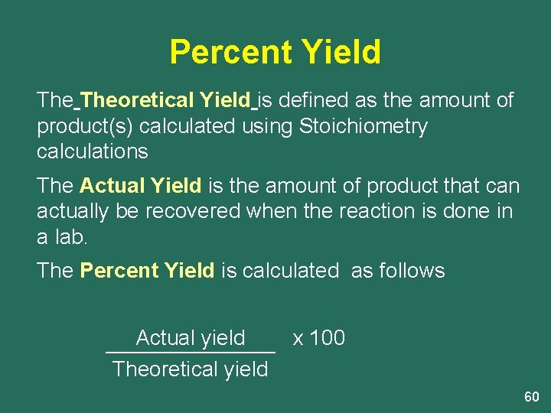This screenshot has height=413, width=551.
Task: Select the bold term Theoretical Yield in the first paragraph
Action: click(x=165, y=100)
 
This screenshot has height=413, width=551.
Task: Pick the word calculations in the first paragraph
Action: click(x=92, y=151)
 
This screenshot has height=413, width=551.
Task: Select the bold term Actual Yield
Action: click(x=140, y=186)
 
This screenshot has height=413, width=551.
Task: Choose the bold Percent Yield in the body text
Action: click(x=147, y=271)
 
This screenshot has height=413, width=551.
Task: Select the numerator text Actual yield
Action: click(x=191, y=338)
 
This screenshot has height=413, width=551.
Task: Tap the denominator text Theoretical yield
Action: click(x=191, y=369)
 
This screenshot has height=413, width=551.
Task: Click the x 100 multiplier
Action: click(x=319, y=338)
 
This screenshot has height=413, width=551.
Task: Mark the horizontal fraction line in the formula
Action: click(x=191, y=353)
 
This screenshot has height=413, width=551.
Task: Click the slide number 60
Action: click(x=531, y=397)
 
